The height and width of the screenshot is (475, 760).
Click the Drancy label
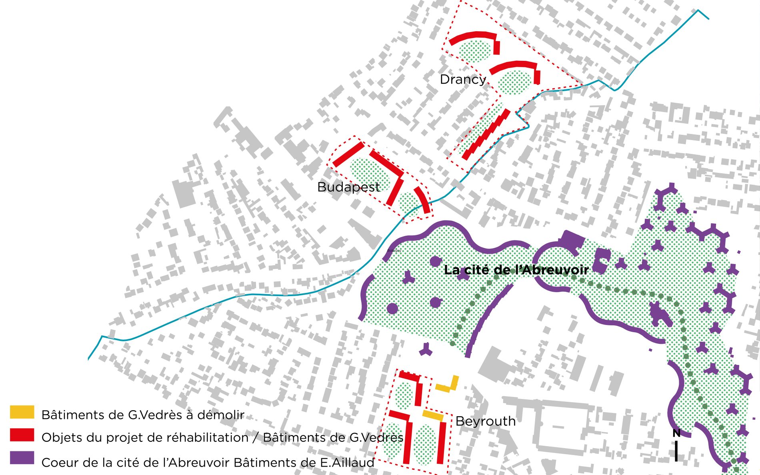463,79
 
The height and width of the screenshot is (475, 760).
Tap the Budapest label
348,187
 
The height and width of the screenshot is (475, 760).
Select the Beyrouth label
485,421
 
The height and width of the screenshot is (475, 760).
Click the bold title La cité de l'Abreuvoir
516,270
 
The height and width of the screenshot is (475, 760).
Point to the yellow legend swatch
22,412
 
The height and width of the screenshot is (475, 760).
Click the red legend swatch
22,435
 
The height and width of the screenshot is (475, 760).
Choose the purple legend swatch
22,458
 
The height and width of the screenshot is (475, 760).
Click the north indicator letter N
676,433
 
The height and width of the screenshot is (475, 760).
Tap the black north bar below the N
676,451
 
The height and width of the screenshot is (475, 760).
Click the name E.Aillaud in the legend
347,463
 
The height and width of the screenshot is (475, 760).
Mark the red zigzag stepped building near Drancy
486,134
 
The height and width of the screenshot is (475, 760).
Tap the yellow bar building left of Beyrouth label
433,415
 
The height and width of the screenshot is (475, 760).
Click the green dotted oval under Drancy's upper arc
474,51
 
